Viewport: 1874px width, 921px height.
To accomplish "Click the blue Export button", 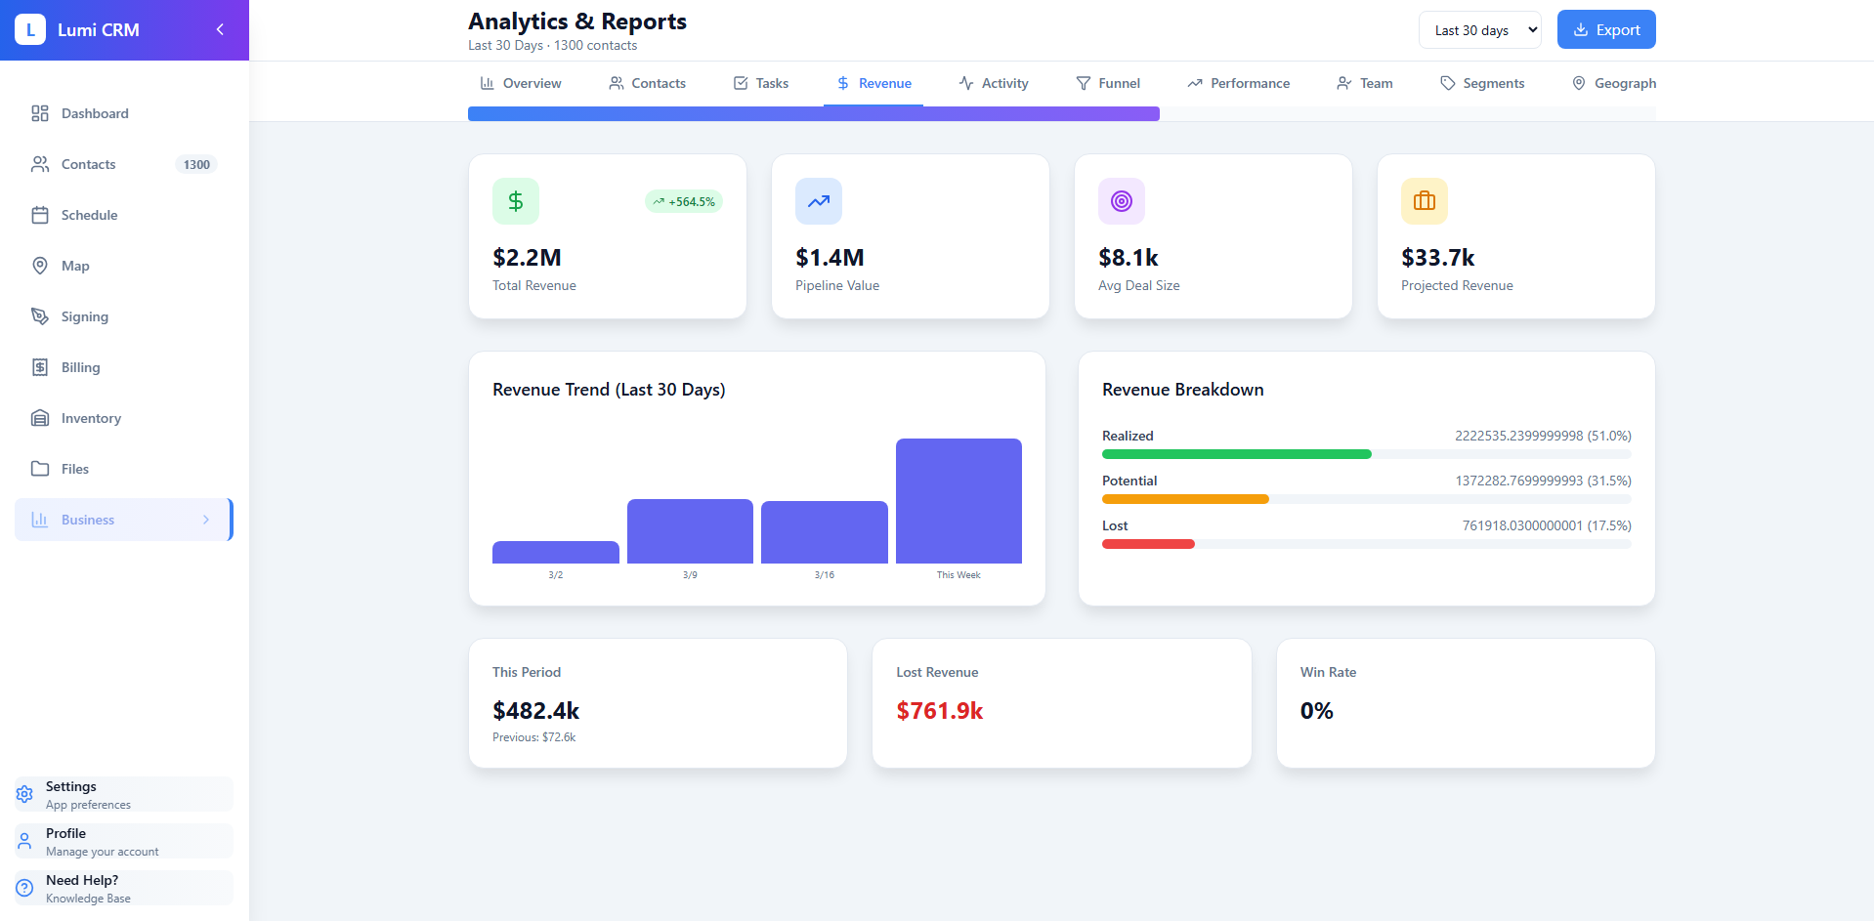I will coord(1605,30).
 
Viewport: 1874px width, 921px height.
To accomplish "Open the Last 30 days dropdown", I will coord(1478,30).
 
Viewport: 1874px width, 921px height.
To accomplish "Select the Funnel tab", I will coord(1108,83).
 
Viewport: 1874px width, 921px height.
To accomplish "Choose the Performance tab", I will coord(1238,83).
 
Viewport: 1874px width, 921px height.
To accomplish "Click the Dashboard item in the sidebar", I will coord(94,113).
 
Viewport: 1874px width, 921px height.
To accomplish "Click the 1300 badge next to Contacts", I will coord(196,164).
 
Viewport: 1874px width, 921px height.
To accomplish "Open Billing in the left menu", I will coord(80,367).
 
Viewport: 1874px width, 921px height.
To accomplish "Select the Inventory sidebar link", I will coord(91,418).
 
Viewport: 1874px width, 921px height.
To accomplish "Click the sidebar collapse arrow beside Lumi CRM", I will coord(220,29).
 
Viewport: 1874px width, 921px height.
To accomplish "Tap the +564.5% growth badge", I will coord(684,202).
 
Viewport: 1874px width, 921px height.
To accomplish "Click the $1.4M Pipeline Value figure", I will coord(830,258).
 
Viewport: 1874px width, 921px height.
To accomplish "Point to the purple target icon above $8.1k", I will coord(1121,201).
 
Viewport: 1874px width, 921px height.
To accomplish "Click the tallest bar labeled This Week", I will coord(958,501).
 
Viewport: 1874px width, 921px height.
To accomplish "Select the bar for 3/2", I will coord(555,552).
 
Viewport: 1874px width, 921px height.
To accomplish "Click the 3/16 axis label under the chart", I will coord(824,575).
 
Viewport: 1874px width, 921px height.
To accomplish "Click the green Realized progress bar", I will coord(1236,454).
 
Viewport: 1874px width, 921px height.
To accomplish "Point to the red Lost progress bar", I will coord(1148,544).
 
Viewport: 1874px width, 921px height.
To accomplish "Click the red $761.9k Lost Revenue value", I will coord(939,711).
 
